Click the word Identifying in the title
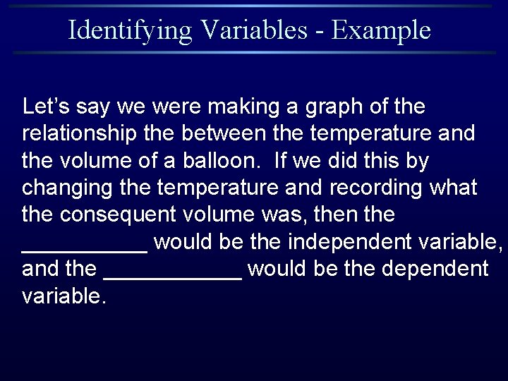130,30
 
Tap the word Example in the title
381,30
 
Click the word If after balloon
279,161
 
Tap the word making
236,107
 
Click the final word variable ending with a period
64,296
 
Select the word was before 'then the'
297,214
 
